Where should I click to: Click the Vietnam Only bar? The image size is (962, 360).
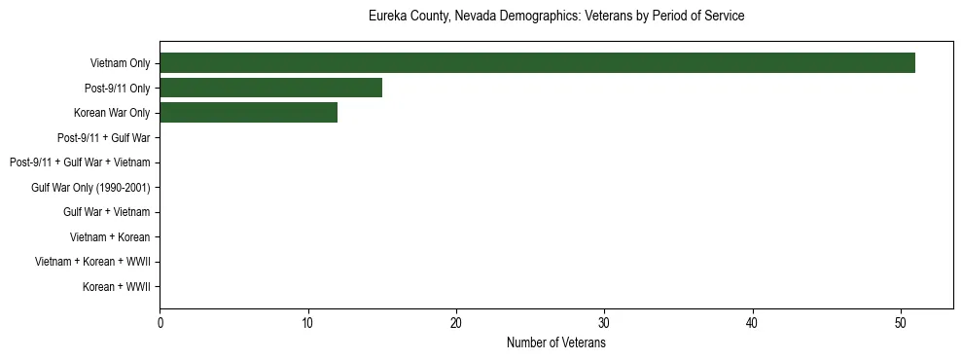pos(537,63)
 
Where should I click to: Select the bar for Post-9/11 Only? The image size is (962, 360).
pos(270,89)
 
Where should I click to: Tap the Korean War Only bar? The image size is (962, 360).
pos(248,113)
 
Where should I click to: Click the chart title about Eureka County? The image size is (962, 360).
pos(556,17)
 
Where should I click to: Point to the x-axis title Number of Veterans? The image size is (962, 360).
pos(556,343)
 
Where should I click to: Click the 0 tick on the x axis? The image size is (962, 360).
pos(160,325)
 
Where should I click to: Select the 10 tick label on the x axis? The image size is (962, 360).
pos(307,325)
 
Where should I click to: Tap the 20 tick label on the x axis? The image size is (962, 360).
pos(456,325)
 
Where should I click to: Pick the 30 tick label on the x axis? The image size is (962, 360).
pos(604,325)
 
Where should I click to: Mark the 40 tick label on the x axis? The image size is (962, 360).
pos(753,325)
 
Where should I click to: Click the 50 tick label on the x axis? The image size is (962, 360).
pos(901,325)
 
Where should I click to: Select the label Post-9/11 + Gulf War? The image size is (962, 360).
pos(103,138)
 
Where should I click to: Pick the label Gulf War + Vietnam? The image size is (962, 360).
pos(106,212)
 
